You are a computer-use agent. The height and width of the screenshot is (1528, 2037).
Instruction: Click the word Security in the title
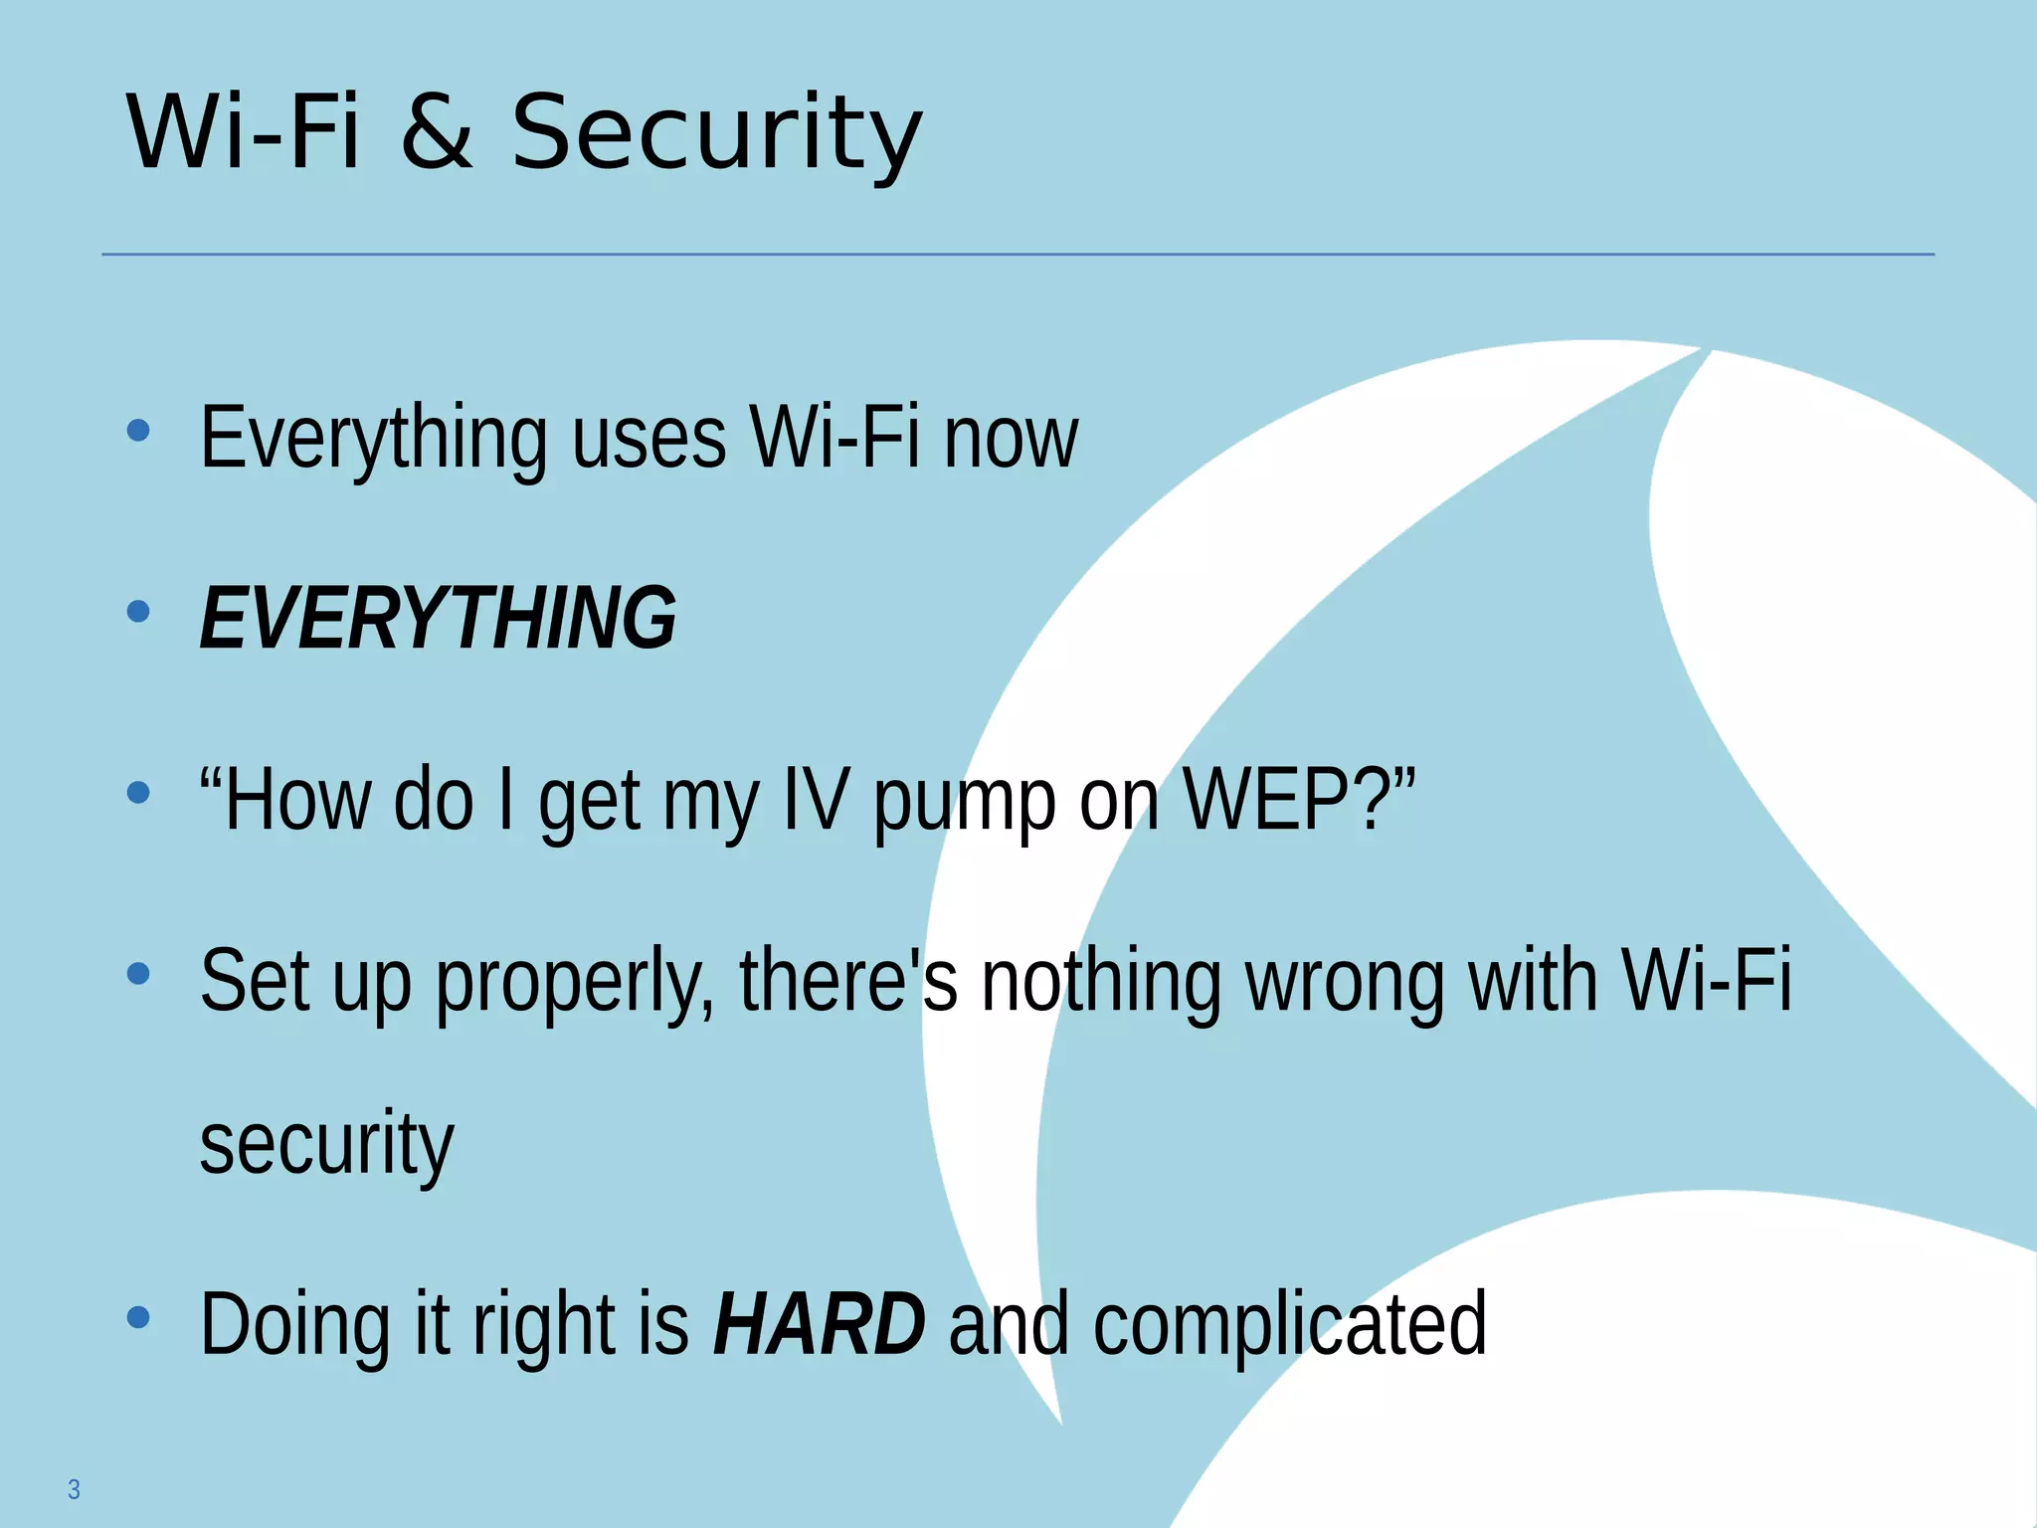point(716,134)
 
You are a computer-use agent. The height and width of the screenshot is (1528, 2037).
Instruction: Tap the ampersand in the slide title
point(437,134)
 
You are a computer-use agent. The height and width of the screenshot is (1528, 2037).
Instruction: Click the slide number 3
point(74,1489)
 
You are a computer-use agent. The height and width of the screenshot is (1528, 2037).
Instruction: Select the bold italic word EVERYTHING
point(438,619)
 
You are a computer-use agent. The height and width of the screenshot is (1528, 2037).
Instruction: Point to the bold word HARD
point(819,1325)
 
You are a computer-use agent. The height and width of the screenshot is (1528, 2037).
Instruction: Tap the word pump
point(964,802)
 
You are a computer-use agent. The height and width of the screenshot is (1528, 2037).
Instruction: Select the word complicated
point(1290,1325)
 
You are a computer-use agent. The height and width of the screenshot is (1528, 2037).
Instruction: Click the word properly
point(575,983)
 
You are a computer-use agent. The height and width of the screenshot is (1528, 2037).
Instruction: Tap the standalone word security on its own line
point(326,1144)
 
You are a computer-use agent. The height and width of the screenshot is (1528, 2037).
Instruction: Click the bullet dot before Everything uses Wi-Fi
point(138,431)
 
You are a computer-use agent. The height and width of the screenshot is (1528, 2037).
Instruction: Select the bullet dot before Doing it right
point(138,1318)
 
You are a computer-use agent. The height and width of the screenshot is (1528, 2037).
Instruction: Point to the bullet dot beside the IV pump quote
point(138,793)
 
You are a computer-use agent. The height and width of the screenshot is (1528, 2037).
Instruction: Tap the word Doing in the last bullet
point(295,1325)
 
